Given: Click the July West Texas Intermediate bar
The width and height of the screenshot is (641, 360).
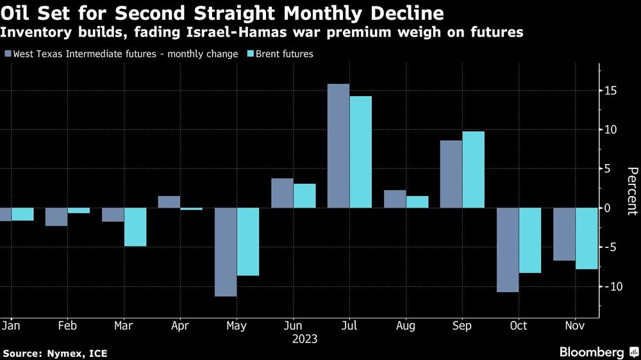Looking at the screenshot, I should click(338, 146).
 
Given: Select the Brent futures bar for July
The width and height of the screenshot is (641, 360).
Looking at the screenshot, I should click(361, 152).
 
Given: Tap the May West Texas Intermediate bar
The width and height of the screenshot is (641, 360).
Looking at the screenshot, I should click(226, 252).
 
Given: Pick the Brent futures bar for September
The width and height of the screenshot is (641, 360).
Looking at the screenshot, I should click(473, 170).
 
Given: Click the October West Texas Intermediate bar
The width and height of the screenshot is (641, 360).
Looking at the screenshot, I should click(508, 250).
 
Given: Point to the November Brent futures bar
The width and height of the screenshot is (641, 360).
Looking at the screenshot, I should click(587, 238).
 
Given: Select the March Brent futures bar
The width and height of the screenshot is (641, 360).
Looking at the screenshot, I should click(135, 227).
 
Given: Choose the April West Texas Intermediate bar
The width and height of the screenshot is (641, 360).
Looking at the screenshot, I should click(169, 202).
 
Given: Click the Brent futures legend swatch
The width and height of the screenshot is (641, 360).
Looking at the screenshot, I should click(251, 54).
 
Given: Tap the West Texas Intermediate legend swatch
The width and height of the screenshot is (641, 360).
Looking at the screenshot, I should click(8, 54).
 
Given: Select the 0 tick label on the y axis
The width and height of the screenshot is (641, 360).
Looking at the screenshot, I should click(612, 208).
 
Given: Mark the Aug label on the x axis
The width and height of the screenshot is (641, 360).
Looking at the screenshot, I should click(406, 325).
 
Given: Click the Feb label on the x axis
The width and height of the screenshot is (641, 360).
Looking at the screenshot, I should click(67, 325).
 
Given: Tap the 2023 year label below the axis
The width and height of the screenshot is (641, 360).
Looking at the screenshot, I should click(304, 339).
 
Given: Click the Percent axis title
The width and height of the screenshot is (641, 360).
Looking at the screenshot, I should click(632, 191).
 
